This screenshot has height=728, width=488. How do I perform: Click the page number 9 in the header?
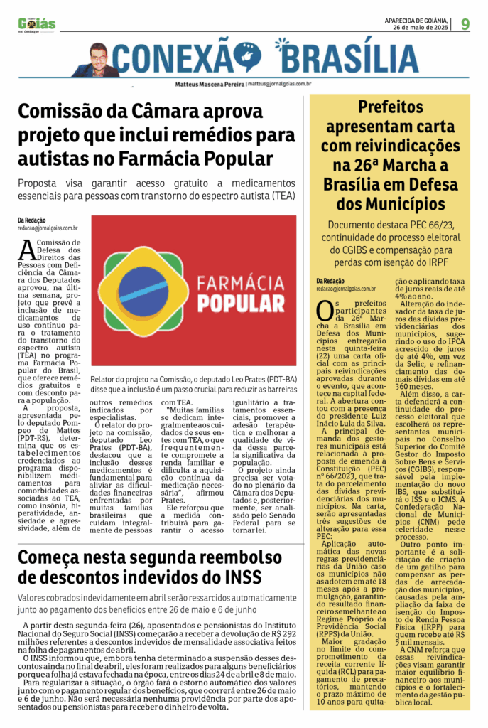[465, 24]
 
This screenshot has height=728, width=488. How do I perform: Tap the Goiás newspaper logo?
[37, 25]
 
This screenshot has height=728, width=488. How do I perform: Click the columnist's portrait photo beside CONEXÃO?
[97, 61]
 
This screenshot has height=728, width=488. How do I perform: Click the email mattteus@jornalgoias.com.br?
[279, 84]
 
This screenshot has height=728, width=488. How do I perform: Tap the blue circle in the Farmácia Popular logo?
[144, 289]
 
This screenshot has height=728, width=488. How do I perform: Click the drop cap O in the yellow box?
[324, 311]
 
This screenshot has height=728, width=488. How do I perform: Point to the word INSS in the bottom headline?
[239, 576]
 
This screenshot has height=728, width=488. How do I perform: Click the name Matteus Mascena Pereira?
[210, 84]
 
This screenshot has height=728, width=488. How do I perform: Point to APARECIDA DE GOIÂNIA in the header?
[416, 21]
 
